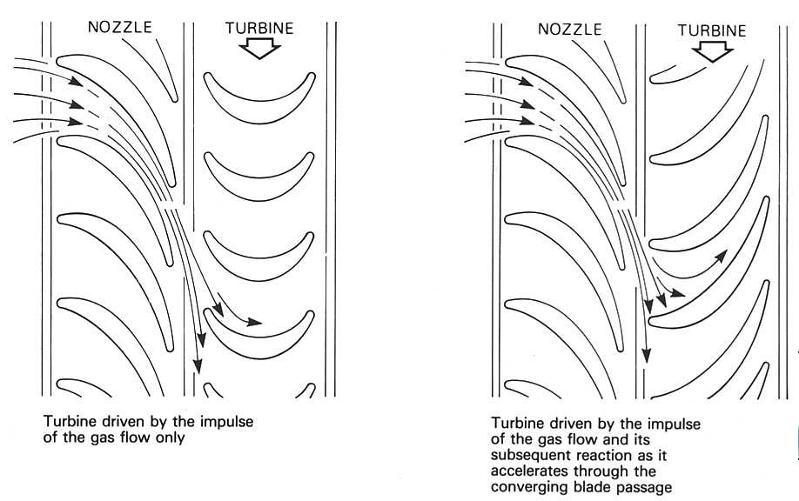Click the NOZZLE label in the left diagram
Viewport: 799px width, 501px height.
[x=120, y=27]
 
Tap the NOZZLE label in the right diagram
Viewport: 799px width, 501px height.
[x=569, y=29]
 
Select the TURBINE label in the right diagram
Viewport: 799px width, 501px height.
[x=711, y=30]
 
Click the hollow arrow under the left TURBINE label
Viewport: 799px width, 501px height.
[x=260, y=50]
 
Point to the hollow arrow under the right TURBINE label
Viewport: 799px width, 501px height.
[x=712, y=52]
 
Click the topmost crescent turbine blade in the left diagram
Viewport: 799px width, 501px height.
[x=259, y=92]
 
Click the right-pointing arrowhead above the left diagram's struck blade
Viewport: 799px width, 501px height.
[x=254, y=323]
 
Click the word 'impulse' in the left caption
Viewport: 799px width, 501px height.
[x=235, y=422]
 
